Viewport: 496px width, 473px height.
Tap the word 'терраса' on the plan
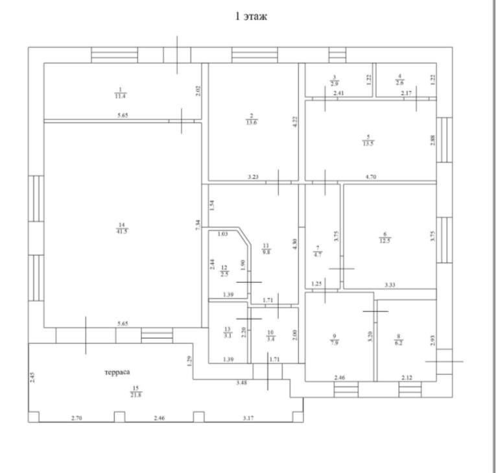pos(117,372)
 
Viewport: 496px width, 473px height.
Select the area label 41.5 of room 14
pos(121,231)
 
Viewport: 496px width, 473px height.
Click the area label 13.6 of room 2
pos(250,123)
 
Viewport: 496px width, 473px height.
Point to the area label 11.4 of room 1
pos(119,96)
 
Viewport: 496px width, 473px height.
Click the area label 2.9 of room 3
pos(334,84)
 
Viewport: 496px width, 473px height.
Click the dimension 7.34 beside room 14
pos(198,224)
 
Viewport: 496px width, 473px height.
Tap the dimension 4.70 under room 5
pos(388,176)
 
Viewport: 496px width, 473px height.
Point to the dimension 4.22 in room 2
pos(295,121)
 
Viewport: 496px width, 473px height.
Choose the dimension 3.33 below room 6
pos(390,284)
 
